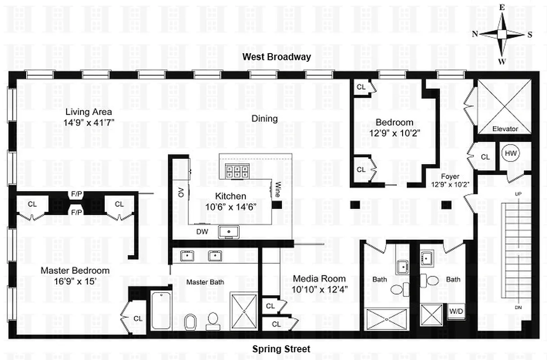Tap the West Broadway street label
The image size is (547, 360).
tap(277, 57)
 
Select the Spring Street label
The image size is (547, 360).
tap(281, 349)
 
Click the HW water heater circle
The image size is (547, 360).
tap(510, 153)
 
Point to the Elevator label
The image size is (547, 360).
tap(505, 129)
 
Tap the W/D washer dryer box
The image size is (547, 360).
tap(457, 311)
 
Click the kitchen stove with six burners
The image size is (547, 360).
tap(234, 171)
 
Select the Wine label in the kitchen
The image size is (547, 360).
tap(278, 189)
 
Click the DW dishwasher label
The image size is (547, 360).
tap(202, 231)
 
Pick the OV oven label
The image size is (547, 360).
tap(181, 193)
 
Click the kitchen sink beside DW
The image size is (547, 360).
tap(229, 232)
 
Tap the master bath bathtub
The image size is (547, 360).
tap(161, 310)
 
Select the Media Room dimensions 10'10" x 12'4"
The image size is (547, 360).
tap(319, 289)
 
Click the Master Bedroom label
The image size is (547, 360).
tap(75, 270)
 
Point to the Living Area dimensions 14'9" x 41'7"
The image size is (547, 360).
tap(89, 122)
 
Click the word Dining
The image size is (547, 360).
tap(264, 119)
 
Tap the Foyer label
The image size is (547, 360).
tap(450, 177)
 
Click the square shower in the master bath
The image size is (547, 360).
tap(243, 311)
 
